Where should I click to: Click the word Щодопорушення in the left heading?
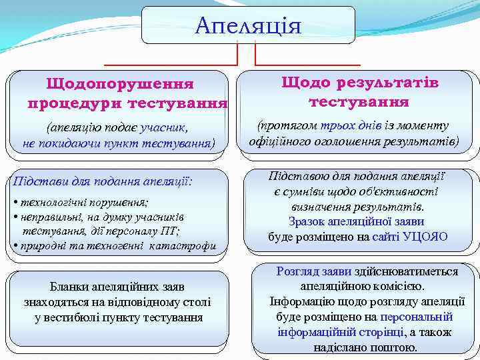[119, 85]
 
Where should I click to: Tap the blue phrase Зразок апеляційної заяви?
[356, 221]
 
